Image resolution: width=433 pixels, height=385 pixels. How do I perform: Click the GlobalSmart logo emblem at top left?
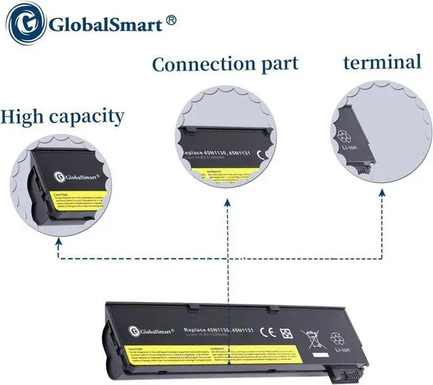click(25, 25)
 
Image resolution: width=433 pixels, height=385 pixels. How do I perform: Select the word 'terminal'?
click(382, 63)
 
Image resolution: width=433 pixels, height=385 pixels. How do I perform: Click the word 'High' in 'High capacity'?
click(24, 116)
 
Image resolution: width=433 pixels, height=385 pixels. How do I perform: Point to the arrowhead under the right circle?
click(383, 193)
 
